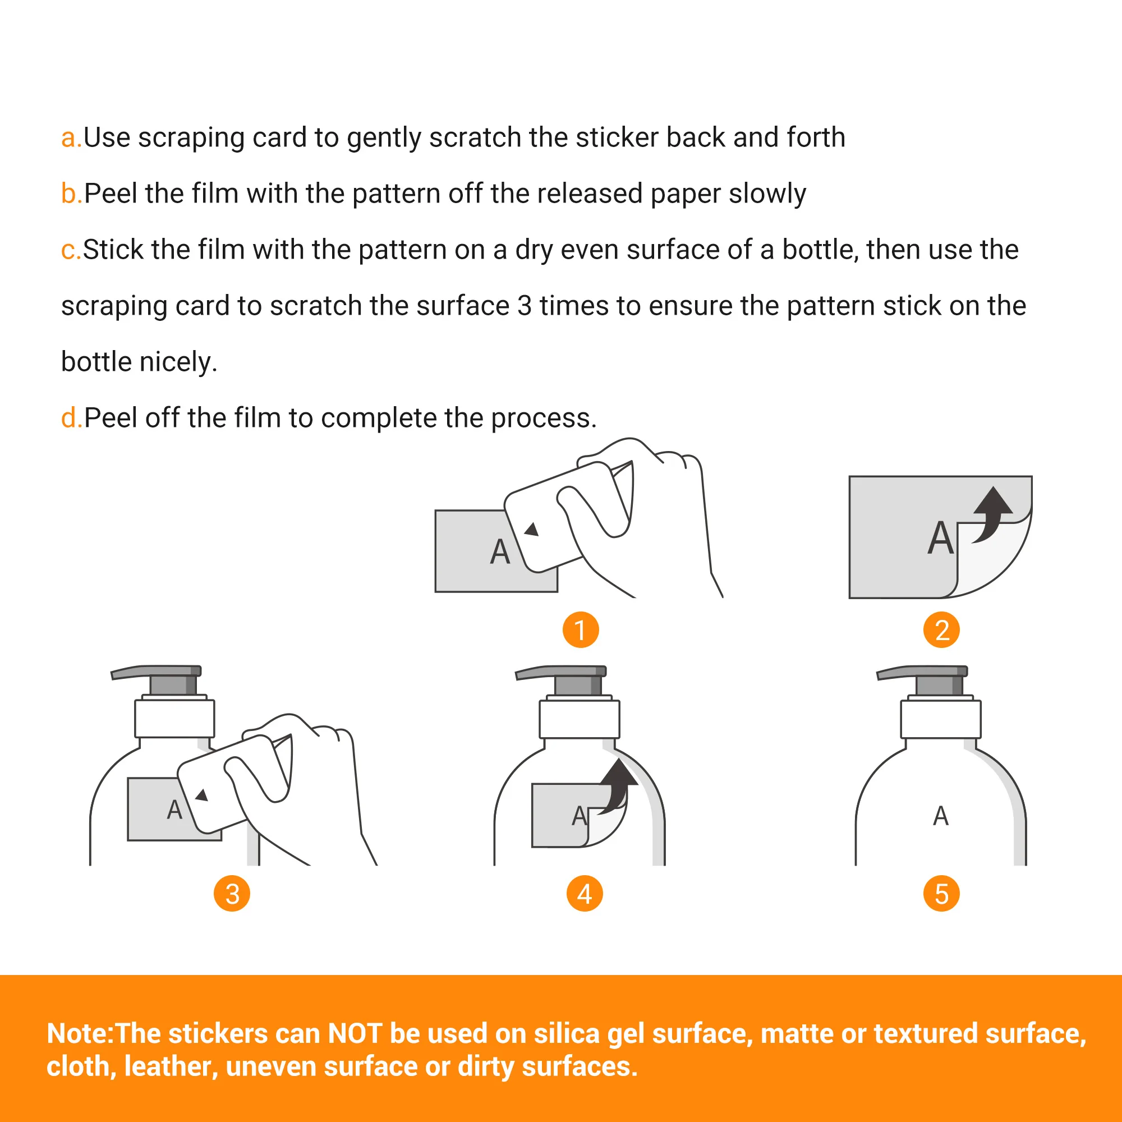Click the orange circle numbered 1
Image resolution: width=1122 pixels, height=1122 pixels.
(581, 630)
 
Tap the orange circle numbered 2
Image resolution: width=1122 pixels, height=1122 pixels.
(941, 630)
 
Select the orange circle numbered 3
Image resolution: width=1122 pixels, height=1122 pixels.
(232, 894)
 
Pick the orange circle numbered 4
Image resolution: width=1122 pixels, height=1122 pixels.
(585, 894)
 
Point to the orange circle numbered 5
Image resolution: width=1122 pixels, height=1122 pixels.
(941, 894)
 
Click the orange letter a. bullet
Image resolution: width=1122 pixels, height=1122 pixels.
(71, 138)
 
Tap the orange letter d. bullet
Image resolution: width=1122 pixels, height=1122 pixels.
(71, 417)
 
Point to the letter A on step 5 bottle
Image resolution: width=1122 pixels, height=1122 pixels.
(941, 816)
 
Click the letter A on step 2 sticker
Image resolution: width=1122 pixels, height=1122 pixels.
(941, 538)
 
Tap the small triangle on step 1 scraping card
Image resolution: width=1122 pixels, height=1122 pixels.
(532, 529)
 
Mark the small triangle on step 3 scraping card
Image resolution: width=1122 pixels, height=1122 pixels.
(202, 795)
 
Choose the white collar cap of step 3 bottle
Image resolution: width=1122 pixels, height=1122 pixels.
(175, 719)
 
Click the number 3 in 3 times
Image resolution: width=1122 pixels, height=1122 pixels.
(525, 306)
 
